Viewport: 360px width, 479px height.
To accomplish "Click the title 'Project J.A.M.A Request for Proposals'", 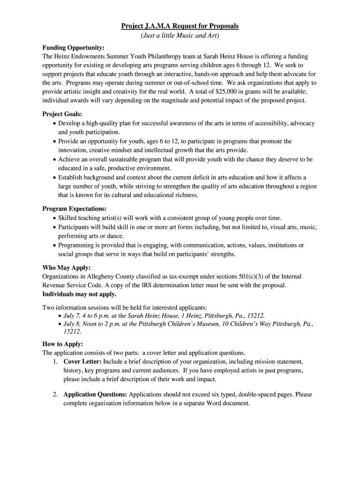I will [x=180, y=26].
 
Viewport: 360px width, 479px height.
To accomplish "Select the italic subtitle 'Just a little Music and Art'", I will [x=180, y=36].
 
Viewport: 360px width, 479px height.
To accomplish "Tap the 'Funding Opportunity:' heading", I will [x=73, y=48].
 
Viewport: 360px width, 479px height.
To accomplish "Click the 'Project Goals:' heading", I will [x=62, y=114].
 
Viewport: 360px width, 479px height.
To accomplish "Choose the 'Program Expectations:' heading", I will [x=74, y=209].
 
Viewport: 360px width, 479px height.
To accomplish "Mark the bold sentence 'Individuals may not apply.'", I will [x=79, y=294].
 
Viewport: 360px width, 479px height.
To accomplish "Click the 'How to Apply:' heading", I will [x=63, y=344].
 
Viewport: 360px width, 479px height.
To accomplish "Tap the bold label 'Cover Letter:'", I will [x=82, y=362].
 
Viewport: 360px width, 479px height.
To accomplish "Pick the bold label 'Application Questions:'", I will [x=95, y=394].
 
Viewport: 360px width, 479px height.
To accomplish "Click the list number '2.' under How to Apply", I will [x=56, y=394].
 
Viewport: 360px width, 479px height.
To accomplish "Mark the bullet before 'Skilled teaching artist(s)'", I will [x=55, y=218].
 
